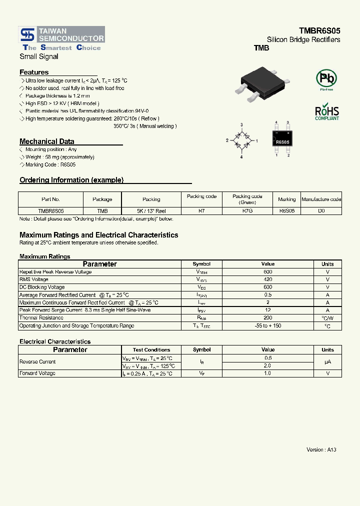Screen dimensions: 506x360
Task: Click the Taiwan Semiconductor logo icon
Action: (27, 34)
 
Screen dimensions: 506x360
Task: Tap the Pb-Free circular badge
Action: (326, 79)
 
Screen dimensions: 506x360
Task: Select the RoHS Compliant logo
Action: (326, 112)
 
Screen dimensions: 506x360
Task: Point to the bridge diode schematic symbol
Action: (241, 140)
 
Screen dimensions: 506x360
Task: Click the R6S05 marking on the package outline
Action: (282, 142)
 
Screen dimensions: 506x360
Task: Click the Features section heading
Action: (34, 72)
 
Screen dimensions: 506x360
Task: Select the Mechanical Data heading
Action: (46, 141)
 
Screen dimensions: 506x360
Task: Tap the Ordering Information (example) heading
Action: (71, 180)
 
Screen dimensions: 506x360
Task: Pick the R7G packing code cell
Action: (247, 211)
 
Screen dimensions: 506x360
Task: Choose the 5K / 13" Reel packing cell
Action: (151, 211)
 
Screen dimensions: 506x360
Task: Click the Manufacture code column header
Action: (321, 199)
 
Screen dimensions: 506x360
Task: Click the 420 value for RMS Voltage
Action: (267, 279)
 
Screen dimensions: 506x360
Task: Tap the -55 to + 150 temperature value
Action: (267, 326)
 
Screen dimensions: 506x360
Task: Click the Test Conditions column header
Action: (151, 350)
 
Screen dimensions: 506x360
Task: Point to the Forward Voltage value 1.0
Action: (267, 373)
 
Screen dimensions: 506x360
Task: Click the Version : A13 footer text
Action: (321, 449)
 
